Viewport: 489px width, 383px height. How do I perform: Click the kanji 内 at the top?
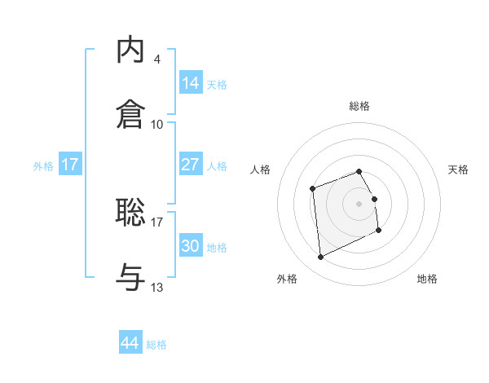[131, 51]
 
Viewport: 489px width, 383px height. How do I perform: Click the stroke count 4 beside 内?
[156, 59]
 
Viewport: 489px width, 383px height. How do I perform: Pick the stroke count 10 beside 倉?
[156, 124]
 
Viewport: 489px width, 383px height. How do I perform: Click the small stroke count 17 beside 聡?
[156, 221]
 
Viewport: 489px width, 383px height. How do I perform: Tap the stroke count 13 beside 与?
[156, 287]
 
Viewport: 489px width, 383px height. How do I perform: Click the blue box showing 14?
[191, 83]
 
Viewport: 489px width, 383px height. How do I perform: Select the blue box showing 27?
[191, 165]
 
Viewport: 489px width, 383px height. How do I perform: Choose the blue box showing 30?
[191, 246]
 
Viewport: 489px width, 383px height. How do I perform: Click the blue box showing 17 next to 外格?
[70, 165]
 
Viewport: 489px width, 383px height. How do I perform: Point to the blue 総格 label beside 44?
[156, 345]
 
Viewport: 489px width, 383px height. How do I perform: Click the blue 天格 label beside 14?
[217, 85]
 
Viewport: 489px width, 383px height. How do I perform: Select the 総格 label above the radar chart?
[359, 106]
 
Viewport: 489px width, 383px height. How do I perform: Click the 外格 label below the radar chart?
[287, 279]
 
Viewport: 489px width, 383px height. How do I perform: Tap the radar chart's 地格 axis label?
[427, 279]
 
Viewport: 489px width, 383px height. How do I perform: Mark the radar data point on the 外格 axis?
[321, 258]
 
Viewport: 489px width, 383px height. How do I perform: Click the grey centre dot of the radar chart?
[359, 203]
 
